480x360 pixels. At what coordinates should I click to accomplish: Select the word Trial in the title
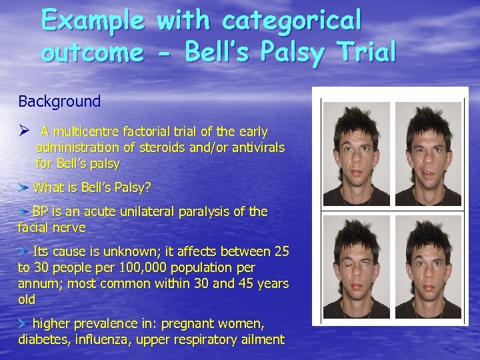click(x=363, y=51)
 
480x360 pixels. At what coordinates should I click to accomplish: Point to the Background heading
click(x=59, y=101)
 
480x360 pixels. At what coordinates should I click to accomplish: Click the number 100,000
click(x=129, y=268)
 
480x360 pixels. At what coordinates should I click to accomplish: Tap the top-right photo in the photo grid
click(x=427, y=153)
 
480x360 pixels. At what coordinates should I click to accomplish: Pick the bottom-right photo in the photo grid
click(x=427, y=267)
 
